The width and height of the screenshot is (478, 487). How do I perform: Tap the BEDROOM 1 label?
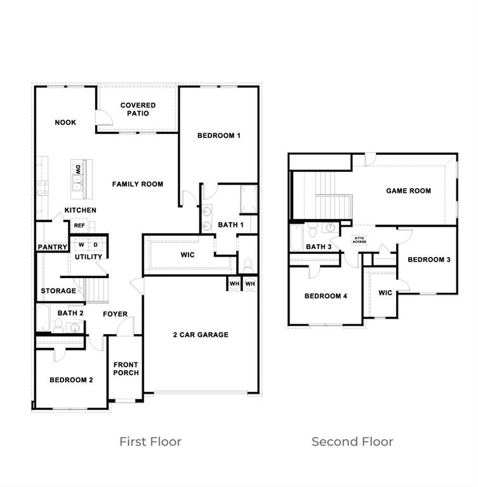click(x=218, y=135)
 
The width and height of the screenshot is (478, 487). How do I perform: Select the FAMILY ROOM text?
click(x=138, y=184)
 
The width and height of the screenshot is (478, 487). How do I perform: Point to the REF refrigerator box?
click(x=79, y=225)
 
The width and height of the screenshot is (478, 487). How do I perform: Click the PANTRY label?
click(x=52, y=247)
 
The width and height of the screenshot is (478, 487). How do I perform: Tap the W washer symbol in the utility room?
click(x=81, y=244)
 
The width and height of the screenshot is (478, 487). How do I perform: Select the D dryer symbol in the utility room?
click(x=96, y=244)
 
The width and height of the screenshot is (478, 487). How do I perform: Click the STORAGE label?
click(x=58, y=291)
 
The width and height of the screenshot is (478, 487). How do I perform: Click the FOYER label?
click(x=115, y=314)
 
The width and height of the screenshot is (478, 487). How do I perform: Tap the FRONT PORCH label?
click(x=126, y=369)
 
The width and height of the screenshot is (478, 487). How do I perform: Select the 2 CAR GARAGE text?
click(x=201, y=335)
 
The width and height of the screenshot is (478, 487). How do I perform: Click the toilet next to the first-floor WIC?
click(x=248, y=265)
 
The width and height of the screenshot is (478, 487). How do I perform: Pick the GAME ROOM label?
click(x=408, y=190)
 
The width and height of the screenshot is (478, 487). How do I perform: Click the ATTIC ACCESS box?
click(x=359, y=240)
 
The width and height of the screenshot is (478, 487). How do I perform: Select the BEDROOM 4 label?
click(x=326, y=296)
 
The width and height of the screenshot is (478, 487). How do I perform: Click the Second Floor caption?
click(x=352, y=441)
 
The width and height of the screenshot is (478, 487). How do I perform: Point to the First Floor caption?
click(x=150, y=441)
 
